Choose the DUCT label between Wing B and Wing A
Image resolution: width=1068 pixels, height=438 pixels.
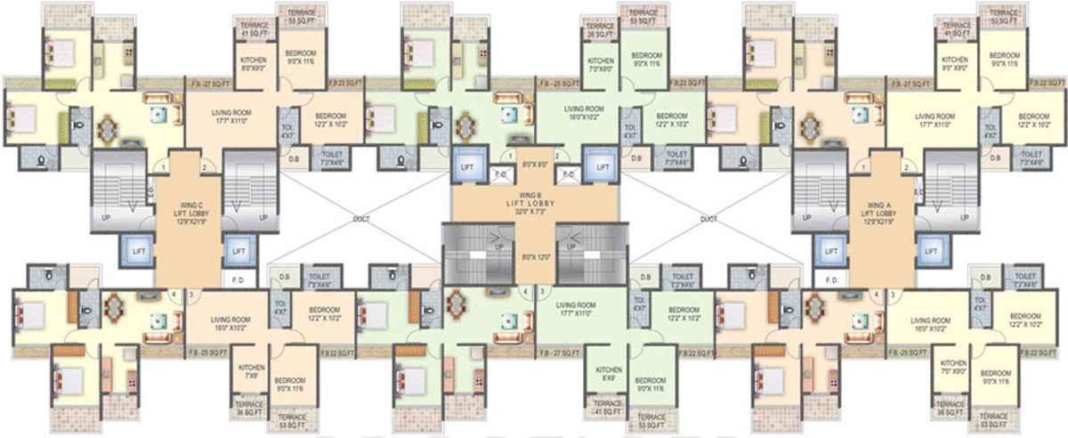tap(708, 218)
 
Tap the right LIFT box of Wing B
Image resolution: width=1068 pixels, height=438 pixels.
tap(603, 166)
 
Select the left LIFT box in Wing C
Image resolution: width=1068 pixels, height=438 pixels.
tap(137, 252)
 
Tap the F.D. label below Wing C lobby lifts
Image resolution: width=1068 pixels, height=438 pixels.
tap(238, 280)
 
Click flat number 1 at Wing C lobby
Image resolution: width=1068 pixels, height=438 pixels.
tap(162, 166)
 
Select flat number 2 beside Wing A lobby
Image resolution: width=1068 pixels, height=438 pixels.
tap(905, 166)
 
